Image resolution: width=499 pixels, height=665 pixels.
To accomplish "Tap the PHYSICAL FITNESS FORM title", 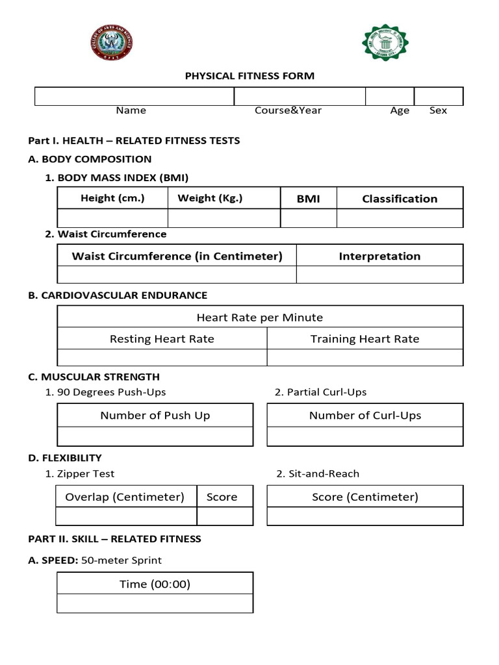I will [249, 76].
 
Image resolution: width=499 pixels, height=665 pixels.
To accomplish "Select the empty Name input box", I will [134, 97].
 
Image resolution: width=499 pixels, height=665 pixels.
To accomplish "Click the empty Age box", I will [390, 97].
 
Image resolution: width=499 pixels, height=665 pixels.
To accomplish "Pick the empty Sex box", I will [439, 97].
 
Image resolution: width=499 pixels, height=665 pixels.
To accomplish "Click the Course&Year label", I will [288, 110].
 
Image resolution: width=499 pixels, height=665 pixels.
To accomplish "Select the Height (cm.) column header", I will [112, 198].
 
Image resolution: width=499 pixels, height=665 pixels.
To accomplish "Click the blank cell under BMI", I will [309, 218].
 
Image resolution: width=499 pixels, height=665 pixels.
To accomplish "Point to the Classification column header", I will [400, 199].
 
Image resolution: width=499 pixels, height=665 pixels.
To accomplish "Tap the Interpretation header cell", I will [379, 256].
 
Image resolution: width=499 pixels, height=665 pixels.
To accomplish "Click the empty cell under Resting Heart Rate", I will [162, 357].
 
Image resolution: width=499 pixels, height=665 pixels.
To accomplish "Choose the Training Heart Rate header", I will [365, 338].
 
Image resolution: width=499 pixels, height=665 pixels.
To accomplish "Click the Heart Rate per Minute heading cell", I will [260, 317].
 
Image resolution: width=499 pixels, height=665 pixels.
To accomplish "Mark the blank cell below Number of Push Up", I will [155, 436].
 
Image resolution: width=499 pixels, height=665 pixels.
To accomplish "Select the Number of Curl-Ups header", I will [365, 416].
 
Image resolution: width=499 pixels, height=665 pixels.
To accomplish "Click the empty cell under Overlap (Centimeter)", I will [126, 516].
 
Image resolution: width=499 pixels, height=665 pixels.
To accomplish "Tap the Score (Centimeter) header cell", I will [365, 497].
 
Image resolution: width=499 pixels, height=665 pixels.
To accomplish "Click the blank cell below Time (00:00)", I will [155, 603].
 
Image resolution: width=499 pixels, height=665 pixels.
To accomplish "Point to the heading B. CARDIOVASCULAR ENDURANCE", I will [118, 295].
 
